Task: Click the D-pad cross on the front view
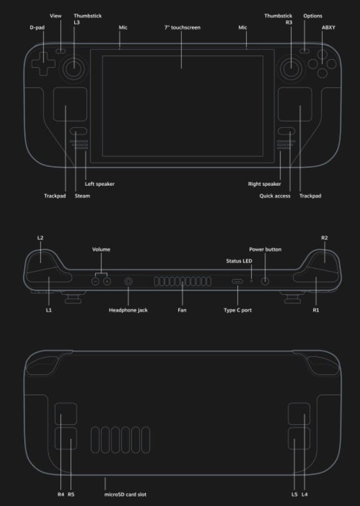pyautogui.click(x=43, y=64)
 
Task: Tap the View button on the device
pyautogui.click(x=60, y=51)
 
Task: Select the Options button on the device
pyautogui.click(x=304, y=51)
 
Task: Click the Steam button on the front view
pyautogui.click(x=78, y=131)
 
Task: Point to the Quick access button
pyautogui.click(x=287, y=131)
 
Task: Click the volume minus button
pyautogui.click(x=95, y=282)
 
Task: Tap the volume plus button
pyautogui.click(x=107, y=282)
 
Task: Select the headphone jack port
pyautogui.click(x=128, y=282)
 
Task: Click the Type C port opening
pyautogui.click(x=237, y=282)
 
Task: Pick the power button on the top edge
pyautogui.click(x=265, y=282)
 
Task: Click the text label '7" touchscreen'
pyautogui.click(x=182, y=27)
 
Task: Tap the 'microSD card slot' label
pyautogui.click(x=125, y=494)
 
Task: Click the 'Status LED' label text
pyautogui.click(x=239, y=260)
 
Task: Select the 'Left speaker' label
pyautogui.click(x=100, y=184)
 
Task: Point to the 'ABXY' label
pyautogui.click(x=328, y=27)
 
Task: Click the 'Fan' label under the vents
pyautogui.click(x=182, y=310)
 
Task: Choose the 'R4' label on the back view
pyautogui.click(x=60, y=494)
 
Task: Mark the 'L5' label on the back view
pyautogui.click(x=294, y=494)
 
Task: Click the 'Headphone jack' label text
pyautogui.click(x=128, y=310)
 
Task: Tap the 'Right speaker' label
pyautogui.click(x=264, y=184)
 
